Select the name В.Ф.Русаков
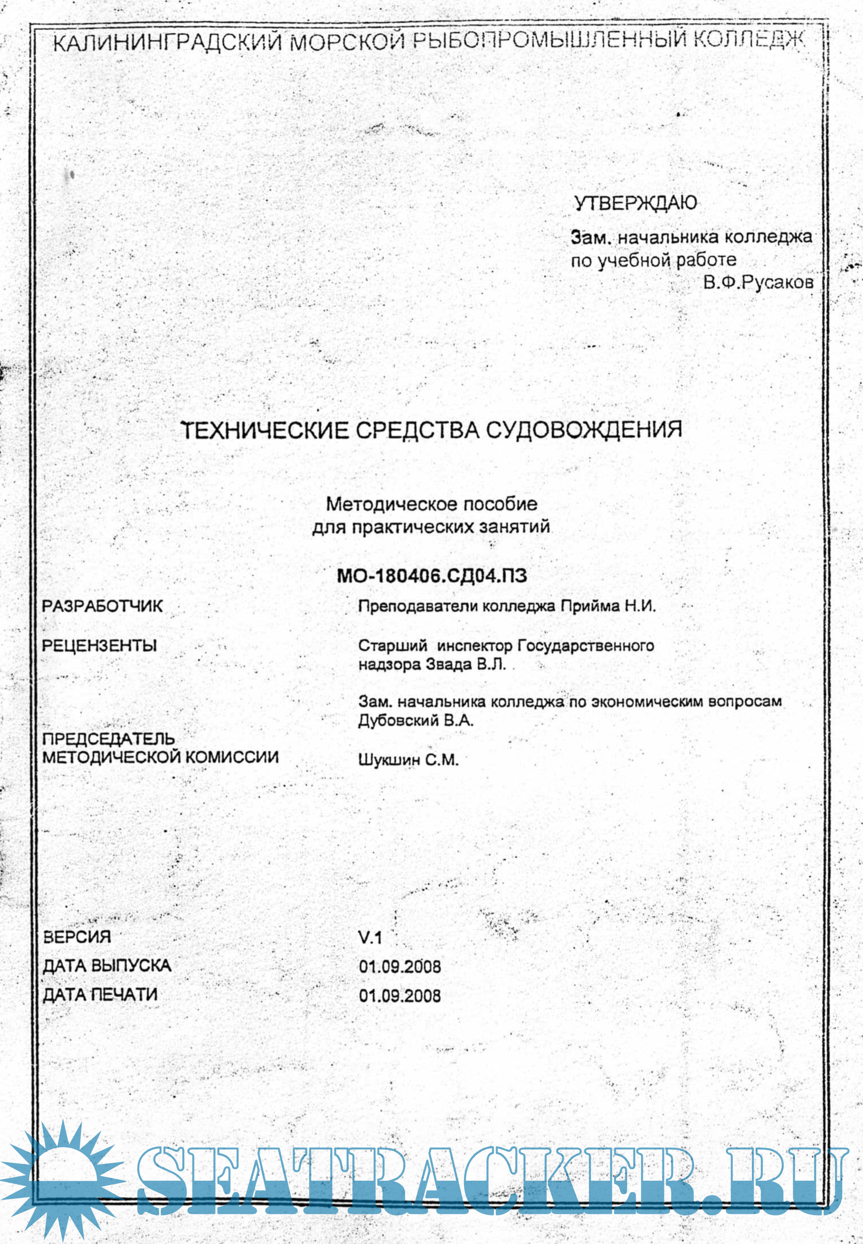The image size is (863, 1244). (758, 283)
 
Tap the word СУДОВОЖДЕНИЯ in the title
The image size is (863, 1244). (582, 430)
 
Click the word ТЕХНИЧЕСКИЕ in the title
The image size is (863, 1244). (265, 431)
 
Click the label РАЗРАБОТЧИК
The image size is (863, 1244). (102, 606)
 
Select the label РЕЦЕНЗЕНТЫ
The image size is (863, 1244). (99, 646)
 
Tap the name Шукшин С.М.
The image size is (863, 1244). (408, 760)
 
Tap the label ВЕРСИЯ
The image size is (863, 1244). (77, 937)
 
